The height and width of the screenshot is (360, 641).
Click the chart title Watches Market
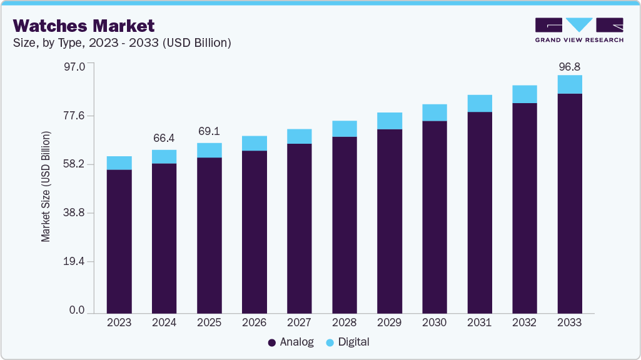(83, 26)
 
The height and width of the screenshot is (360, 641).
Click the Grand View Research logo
(578, 30)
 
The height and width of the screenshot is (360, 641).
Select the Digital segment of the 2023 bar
(119, 163)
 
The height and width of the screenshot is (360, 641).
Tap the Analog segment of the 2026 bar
(255, 231)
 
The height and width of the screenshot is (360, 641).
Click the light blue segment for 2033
(570, 84)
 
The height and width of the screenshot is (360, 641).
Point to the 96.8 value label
(570, 66)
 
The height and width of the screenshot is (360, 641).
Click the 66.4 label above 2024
(164, 137)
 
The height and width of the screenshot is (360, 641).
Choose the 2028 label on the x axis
(345, 322)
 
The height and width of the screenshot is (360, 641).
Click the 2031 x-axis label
(480, 322)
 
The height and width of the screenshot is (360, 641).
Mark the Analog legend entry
(291, 342)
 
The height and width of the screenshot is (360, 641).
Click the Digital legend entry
(348, 342)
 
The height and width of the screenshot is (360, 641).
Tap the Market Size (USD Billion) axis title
(46, 187)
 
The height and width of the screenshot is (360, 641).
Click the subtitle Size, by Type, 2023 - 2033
(122, 43)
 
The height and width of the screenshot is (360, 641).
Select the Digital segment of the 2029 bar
(390, 121)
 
